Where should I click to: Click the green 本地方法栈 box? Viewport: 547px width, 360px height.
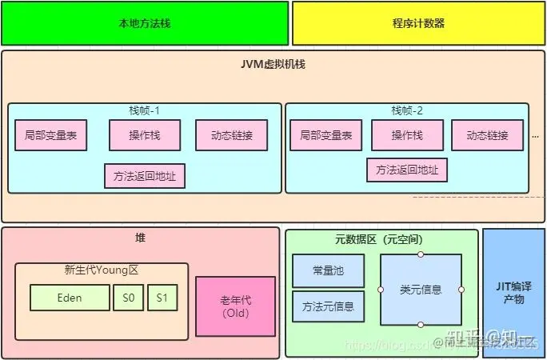click(x=144, y=23)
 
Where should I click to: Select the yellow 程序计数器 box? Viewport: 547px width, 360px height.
click(x=418, y=23)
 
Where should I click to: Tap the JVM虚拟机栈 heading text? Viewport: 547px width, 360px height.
click(x=273, y=63)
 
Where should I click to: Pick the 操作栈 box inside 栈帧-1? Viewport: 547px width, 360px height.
click(x=145, y=135)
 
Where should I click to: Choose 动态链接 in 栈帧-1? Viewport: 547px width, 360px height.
click(x=231, y=135)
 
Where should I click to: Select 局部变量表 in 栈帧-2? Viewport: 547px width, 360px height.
click(x=326, y=135)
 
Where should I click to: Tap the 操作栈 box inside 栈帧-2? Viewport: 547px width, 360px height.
click(x=407, y=135)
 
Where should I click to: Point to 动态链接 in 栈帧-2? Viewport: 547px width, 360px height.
click(x=488, y=135)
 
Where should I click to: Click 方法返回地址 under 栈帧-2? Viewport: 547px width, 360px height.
click(x=407, y=170)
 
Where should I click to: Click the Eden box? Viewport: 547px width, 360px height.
click(x=70, y=298)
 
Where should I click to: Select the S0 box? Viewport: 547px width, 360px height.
click(x=128, y=298)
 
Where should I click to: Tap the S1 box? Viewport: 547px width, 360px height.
click(x=162, y=298)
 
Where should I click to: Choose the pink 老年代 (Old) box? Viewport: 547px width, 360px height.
click(x=235, y=306)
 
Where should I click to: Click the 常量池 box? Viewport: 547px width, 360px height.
click(x=328, y=271)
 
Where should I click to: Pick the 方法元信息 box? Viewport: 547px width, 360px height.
click(x=328, y=306)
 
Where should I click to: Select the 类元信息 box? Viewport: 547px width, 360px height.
click(x=421, y=290)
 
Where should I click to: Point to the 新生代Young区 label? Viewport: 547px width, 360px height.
click(x=102, y=270)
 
